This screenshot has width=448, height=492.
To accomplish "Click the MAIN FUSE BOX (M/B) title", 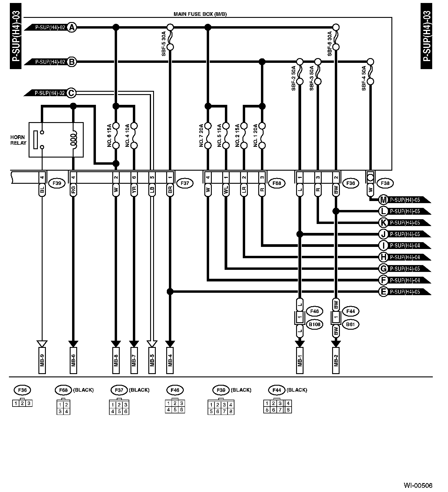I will pos(200,14).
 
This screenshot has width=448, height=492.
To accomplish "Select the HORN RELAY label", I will pos(18,140).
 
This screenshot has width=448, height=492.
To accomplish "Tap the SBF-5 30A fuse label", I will pos(164,43).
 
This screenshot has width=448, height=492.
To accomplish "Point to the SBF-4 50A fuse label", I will pos(364,78).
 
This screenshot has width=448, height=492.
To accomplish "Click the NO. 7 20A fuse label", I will pos(201,136).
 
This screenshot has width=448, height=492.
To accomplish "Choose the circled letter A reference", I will pos(71,28).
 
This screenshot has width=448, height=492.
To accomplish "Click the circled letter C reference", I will pos(71,93).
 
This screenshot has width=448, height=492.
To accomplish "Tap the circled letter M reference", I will pos(383,200).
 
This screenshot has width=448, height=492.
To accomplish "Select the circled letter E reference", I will pos(383,292).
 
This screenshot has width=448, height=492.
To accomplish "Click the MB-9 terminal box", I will pos(42,360).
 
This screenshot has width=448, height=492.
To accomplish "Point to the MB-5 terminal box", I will pos(152,360).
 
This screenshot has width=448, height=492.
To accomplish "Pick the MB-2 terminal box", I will pos(336,360).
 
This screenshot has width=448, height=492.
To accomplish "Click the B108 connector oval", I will pos(314,324).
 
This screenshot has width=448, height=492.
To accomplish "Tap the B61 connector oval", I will pos(351,324).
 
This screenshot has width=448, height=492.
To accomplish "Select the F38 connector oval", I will pos(385,183).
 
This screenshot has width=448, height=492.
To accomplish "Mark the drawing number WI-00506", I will pos(418,485).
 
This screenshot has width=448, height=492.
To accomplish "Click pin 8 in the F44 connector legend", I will pos(288,410).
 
